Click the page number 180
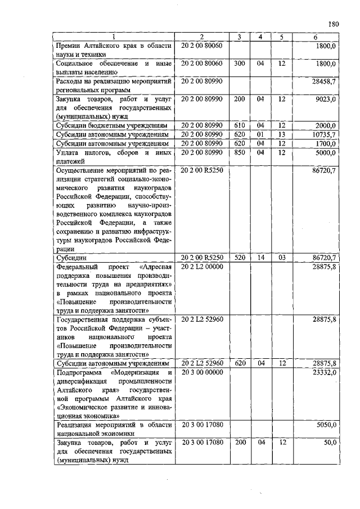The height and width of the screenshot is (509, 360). pos(332,24)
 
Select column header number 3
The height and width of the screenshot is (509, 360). pos(239,37)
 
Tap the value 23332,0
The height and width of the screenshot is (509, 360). pos(323,372)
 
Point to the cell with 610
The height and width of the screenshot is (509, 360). pos(239,125)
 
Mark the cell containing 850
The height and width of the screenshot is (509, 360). pos(239,153)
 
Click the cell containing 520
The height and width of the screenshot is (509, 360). pos(239,258)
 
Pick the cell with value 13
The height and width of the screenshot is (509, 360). pos(282,135)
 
